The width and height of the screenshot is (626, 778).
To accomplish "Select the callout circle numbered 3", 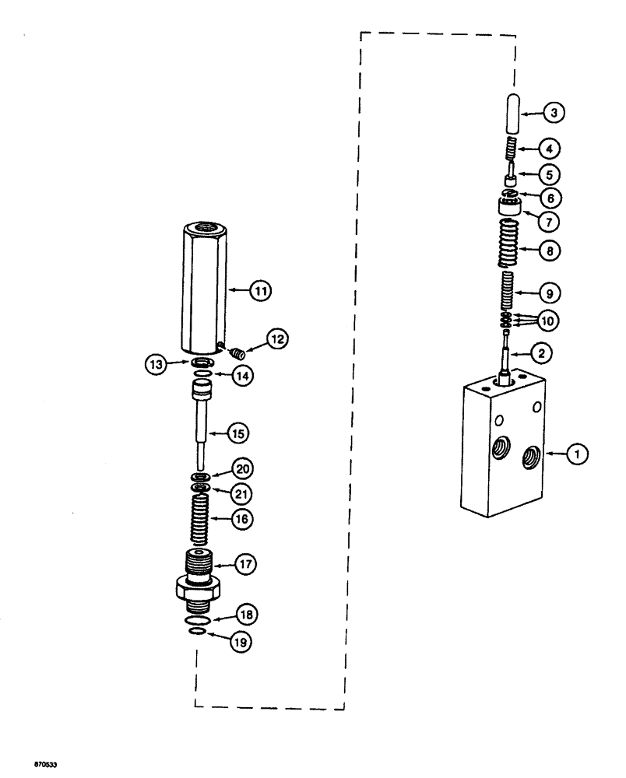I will click(554, 114).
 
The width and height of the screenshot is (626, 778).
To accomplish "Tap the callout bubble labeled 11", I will click(260, 291).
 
